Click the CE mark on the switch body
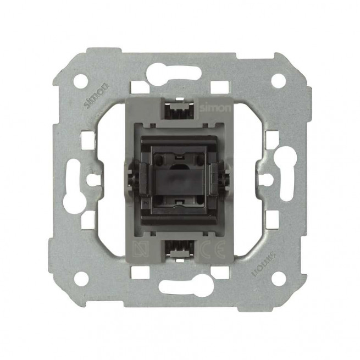(x=212, y=251)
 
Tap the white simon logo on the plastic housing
(x=215, y=108)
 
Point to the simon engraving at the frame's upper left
(x=96, y=96)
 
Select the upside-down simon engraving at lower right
(x=263, y=264)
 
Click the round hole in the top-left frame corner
(x=81, y=81)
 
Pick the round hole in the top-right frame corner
(x=279, y=81)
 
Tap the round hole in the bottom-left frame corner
(x=81, y=279)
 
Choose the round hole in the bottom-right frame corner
(x=279, y=278)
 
